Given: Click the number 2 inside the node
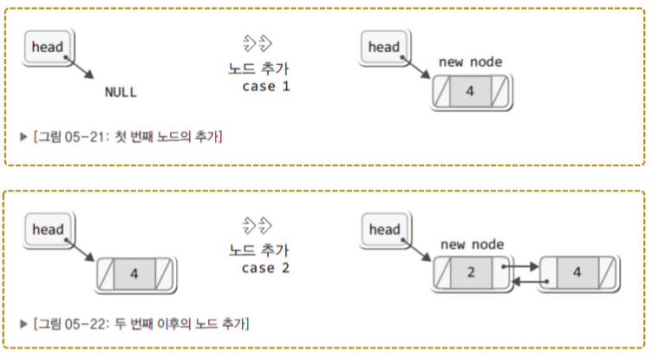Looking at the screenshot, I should [x=470, y=272].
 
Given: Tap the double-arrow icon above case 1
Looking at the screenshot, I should [x=258, y=43].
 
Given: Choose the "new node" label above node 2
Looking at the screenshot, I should [x=472, y=245].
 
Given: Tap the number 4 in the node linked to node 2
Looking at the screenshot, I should [x=576, y=272].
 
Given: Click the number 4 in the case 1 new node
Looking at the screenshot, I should [x=469, y=90].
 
